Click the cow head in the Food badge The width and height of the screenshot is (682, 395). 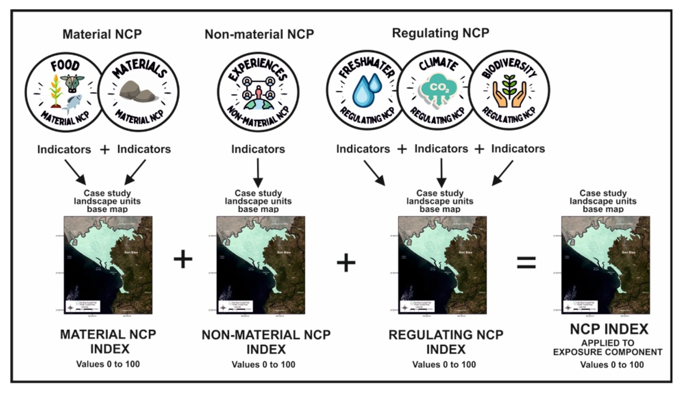pyautogui.click(x=72, y=83)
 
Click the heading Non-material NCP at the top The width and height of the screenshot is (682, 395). pyautogui.click(x=259, y=34)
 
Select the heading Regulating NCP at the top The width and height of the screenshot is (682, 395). pyautogui.click(x=440, y=33)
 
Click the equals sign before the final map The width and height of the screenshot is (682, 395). pyautogui.click(x=526, y=263)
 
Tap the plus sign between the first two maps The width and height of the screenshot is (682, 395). pyautogui.click(x=183, y=259)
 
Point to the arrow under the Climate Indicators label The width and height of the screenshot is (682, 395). pyautogui.click(x=441, y=173)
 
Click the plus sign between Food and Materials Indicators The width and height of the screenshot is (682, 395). pyautogui.click(x=104, y=150)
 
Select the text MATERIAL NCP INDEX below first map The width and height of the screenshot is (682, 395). pyautogui.click(x=108, y=341)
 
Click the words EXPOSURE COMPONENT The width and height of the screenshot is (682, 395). pyautogui.click(x=607, y=352)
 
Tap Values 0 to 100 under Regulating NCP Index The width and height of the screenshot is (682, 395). pyautogui.click(x=444, y=365)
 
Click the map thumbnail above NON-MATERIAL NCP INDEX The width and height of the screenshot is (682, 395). pyautogui.click(x=261, y=265)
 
